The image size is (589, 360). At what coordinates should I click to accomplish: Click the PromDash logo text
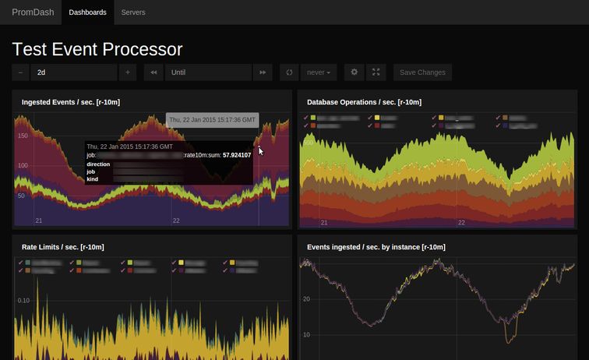[32, 12]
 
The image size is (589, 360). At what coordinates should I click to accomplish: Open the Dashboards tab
[87, 12]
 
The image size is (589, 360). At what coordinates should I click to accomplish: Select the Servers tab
[133, 12]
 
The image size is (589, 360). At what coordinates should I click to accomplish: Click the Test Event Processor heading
[97, 49]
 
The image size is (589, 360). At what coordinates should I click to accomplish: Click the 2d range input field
[73, 72]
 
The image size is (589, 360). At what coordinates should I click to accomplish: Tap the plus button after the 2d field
[129, 72]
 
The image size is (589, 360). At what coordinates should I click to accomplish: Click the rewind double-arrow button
[153, 72]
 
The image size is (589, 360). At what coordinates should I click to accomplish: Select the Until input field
[207, 72]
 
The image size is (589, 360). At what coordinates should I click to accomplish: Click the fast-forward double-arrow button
[263, 72]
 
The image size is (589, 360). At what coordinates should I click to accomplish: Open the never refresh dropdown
[319, 72]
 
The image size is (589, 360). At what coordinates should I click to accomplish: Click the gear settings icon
[354, 72]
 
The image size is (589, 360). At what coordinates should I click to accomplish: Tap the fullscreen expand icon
[376, 72]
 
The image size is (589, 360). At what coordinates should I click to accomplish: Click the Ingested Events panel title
[70, 102]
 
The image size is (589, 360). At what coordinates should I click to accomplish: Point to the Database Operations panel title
[364, 102]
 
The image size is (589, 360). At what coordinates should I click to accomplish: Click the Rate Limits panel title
[62, 247]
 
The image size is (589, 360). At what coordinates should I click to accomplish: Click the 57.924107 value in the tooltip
[237, 155]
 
